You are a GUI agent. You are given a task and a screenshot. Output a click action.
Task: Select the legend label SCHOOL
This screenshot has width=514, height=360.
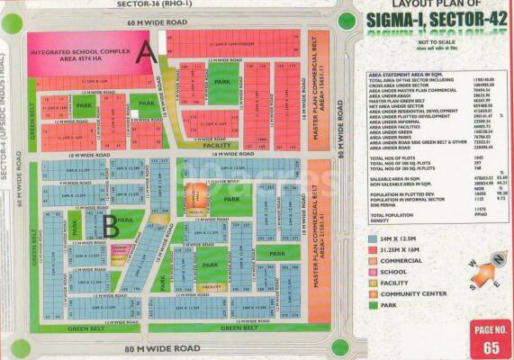(395, 271)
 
